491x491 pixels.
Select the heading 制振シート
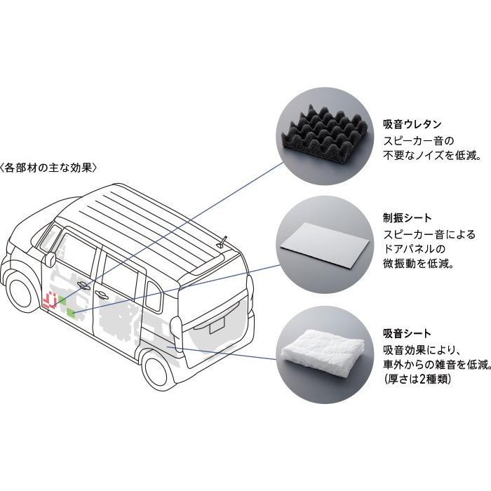coord(407,217)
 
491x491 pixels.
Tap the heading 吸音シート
coord(407,332)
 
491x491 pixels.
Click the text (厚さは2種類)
coord(417,379)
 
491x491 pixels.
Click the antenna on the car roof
coord(222,242)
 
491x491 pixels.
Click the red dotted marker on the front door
coord(49,301)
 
